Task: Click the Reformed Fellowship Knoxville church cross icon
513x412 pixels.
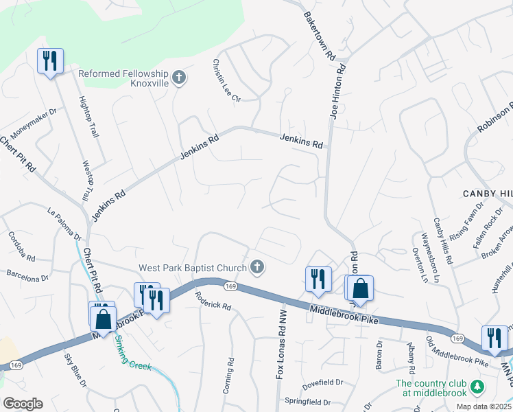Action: point(179,77)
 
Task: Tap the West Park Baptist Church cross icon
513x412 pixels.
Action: point(257,267)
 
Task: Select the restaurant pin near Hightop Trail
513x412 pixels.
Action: point(50,62)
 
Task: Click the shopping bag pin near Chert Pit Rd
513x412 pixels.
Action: point(103,319)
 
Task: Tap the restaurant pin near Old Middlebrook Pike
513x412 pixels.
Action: point(494,338)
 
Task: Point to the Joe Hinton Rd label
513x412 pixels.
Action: point(337,91)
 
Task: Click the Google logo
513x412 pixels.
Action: point(23,404)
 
